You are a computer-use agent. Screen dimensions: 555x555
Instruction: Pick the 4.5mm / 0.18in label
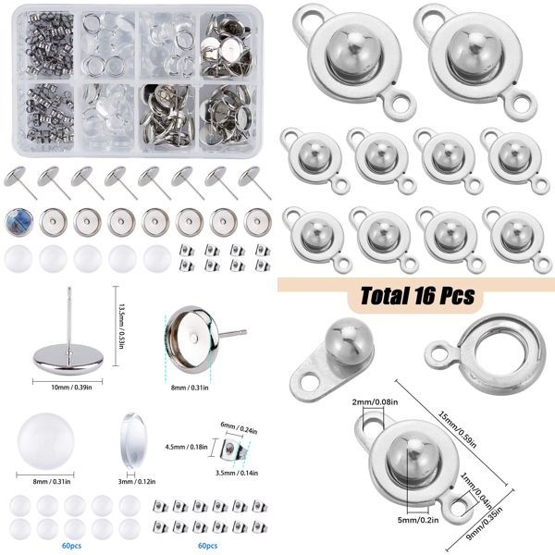[x=184, y=446]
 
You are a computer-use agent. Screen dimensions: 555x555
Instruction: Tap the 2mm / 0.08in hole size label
[x=374, y=404]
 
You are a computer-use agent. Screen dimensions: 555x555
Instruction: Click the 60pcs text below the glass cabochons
[x=71, y=546]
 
